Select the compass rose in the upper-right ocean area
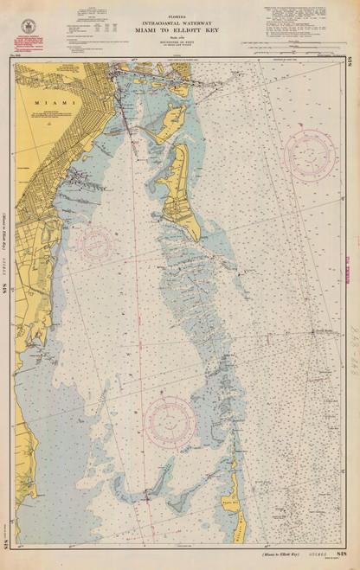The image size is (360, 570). (309, 152)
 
